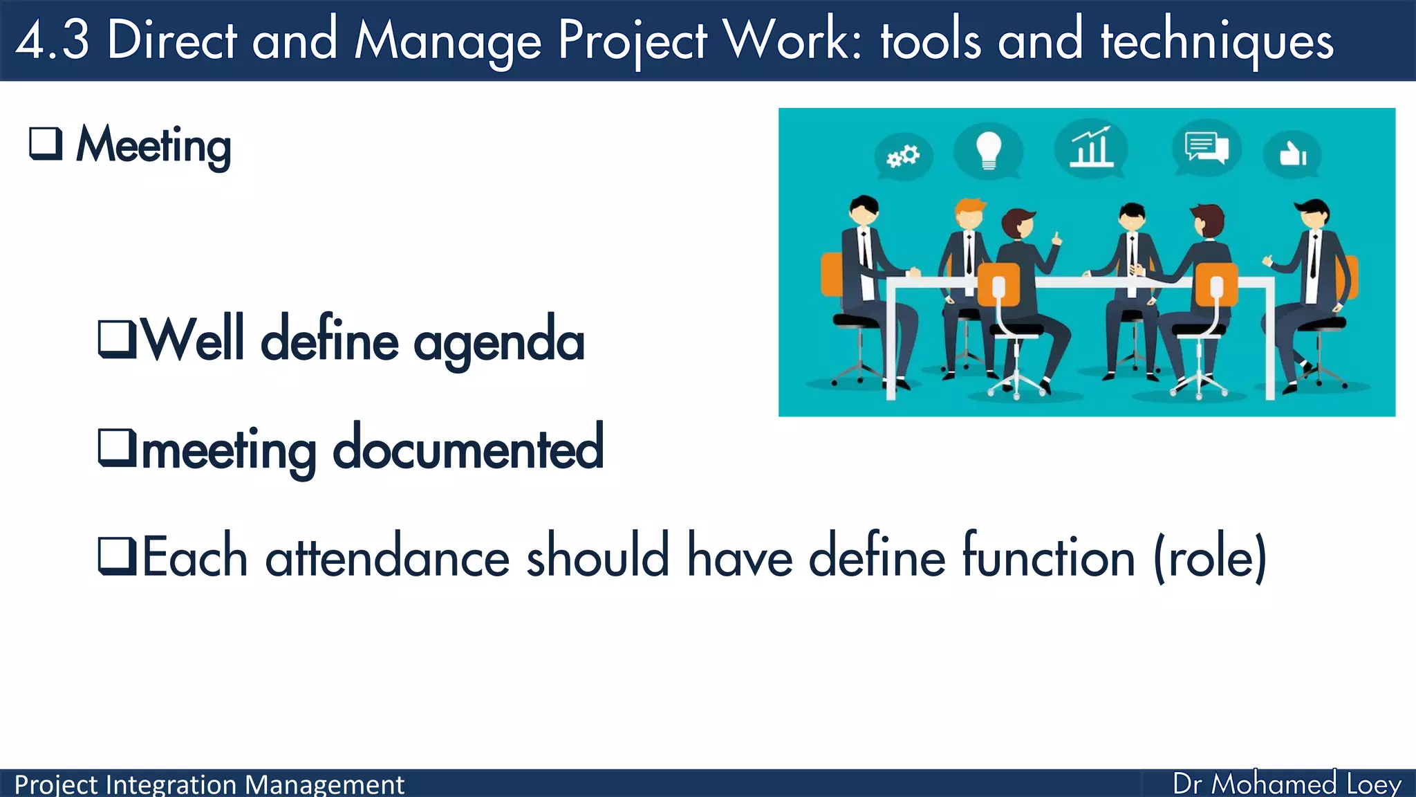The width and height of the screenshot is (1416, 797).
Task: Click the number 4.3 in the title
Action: (x=53, y=40)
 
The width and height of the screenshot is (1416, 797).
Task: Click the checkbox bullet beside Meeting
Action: (x=46, y=144)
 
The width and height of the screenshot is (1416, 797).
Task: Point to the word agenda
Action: (x=499, y=342)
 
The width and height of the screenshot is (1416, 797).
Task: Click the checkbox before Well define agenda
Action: (x=117, y=339)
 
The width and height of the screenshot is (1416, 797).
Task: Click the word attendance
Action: (x=387, y=558)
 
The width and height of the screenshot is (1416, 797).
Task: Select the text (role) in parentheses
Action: (x=1210, y=558)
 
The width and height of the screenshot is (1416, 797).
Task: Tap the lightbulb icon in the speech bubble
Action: (x=988, y=149)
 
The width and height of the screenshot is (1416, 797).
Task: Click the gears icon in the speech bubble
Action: (x=903, y=156)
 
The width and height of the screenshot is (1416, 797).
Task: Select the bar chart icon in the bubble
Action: (x=1091, y=147)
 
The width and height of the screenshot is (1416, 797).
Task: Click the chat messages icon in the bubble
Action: (x=1207, y=147)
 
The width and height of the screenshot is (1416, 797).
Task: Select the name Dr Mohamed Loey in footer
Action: (x=1287, y=784)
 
